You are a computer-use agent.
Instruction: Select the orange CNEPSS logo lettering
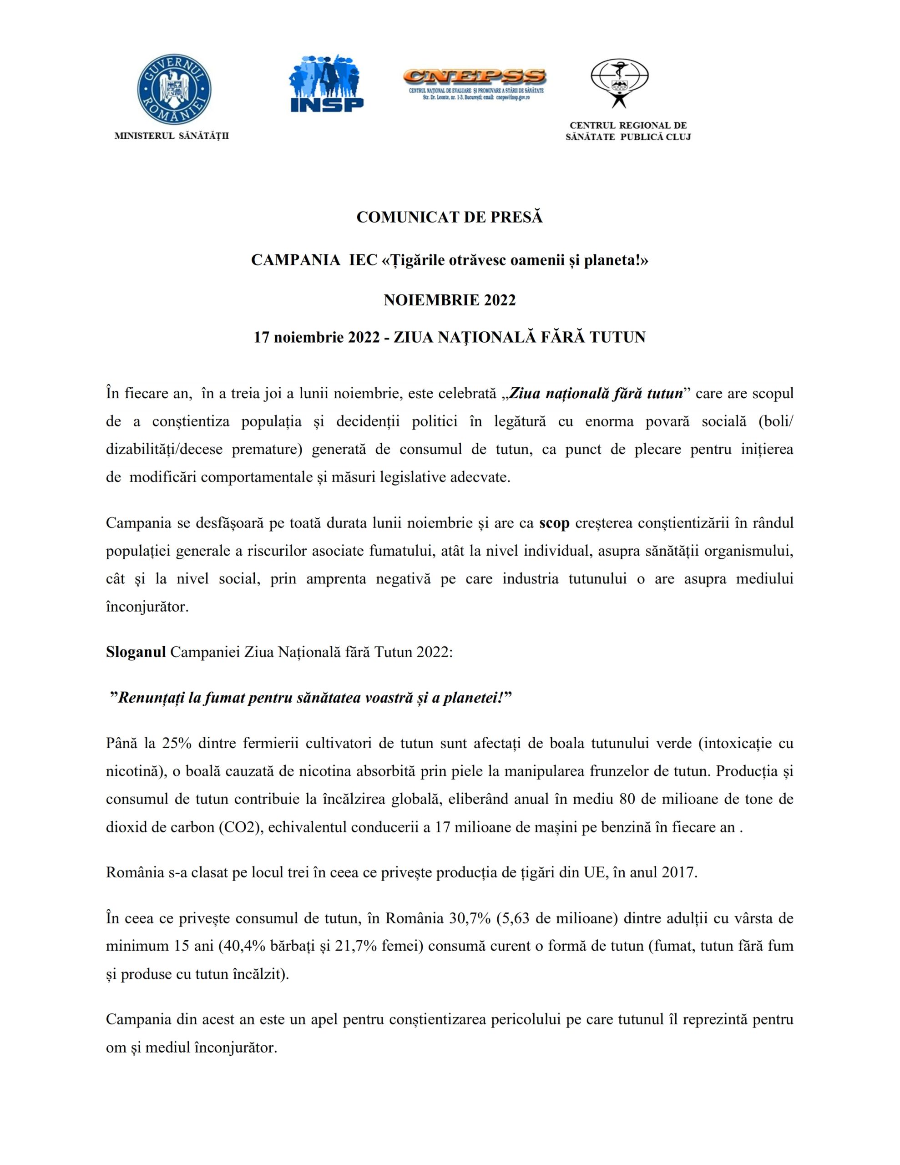(x=474, y=76)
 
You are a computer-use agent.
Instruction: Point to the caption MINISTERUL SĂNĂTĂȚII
(x=172, y=136)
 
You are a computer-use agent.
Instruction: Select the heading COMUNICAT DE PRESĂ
(x=449, y=217)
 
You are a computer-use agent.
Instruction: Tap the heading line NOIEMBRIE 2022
(x=449, y=300)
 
